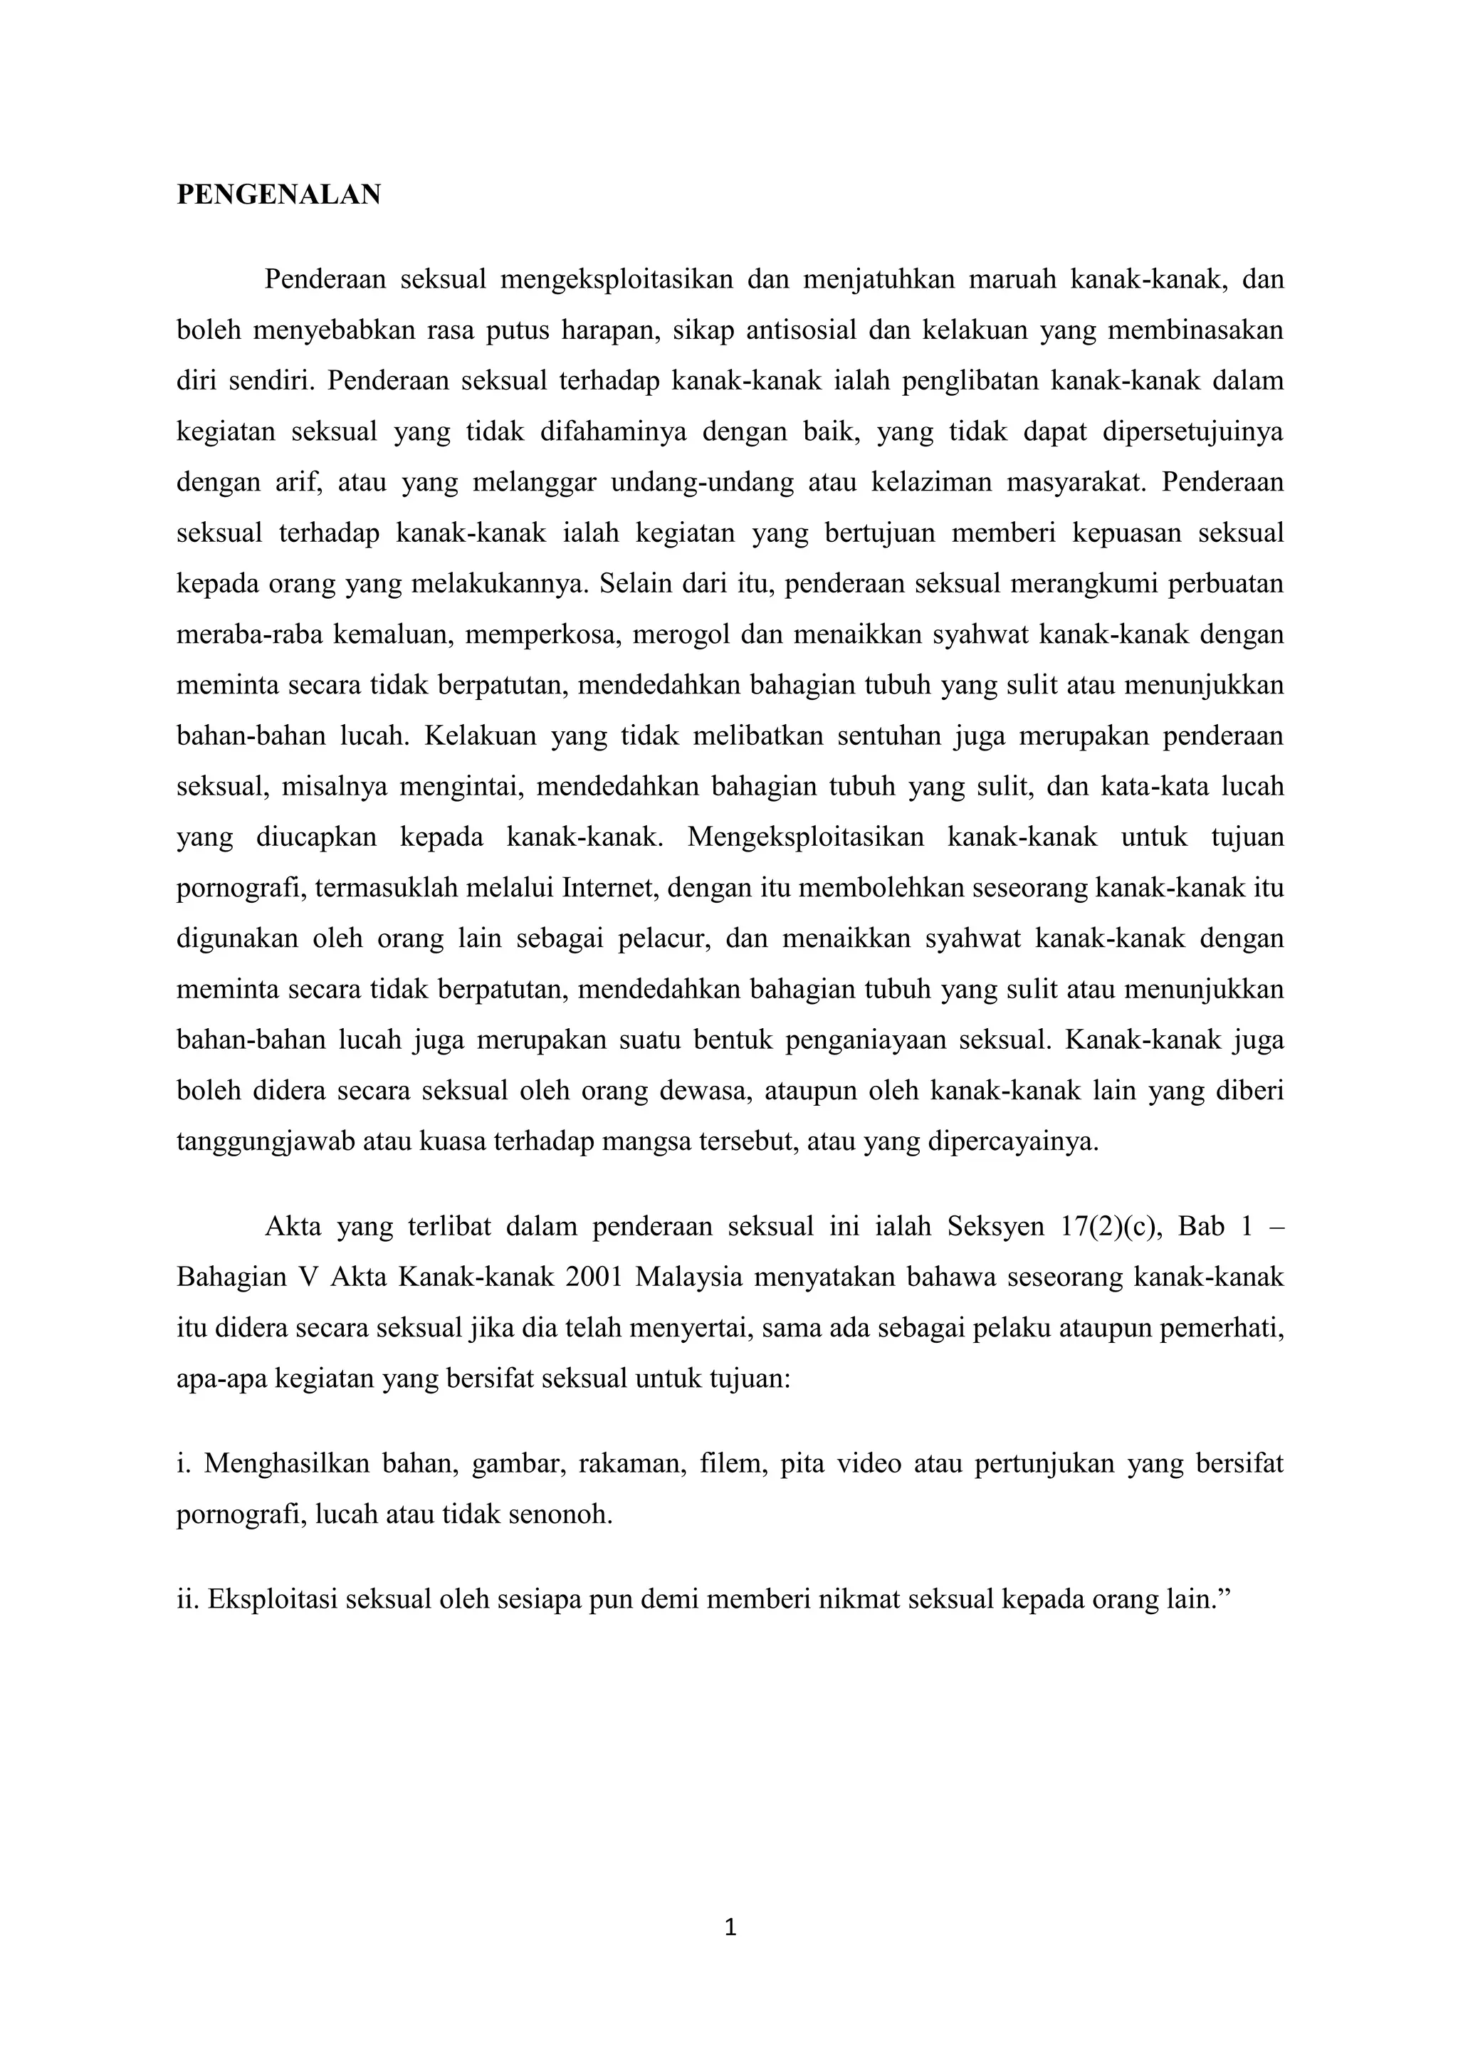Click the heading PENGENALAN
(x=278, y=195)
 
